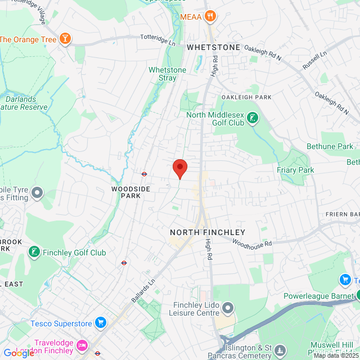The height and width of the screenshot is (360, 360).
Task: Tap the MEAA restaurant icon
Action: pyautogui.click(x=210, y=16)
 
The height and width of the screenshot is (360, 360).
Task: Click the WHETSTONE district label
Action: pyautogui.click(x=214, y=47)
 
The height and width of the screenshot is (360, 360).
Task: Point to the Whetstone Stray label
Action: pyautogui.click(x=167, y=74)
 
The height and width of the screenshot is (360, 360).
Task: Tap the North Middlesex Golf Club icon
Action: pyautogui.click(x=254, y=118)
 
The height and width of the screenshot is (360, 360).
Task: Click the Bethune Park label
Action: pyautogui.click(x=330, y=147)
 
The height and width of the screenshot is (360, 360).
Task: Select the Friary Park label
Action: pyautogui.click(x=295, y=170)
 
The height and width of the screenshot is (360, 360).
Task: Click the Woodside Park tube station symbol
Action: pyautogui.click(x=144, y=174)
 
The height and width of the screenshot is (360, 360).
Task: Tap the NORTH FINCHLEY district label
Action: pyautogui.click(x=208, y=232)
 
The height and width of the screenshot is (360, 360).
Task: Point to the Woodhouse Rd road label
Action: pyautogui.click(x=251, y=244)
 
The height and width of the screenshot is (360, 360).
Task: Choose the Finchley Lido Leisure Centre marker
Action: pyautogui.click(x=228, y=307)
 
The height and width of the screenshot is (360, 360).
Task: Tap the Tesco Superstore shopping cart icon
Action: pyautogui.click(x=101, y=322)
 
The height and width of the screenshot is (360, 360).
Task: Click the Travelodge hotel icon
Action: pyautogui.click(x=82, y=344)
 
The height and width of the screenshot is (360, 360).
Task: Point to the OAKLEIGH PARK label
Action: pyautogui.click(x=247, y=97)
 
